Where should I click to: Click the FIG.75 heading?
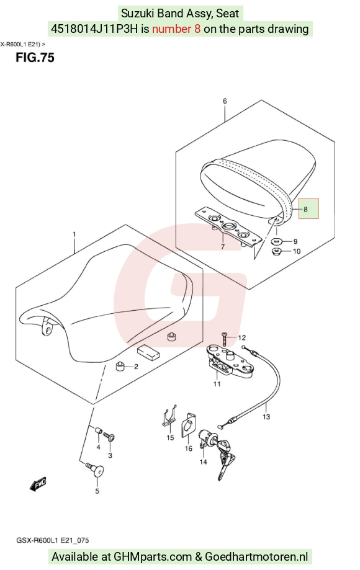(x=35, y=58)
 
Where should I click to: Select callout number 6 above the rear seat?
(x=225, y=100)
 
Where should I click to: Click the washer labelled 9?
(x=278, y=241)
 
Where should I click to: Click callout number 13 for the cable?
(x=266, y=416)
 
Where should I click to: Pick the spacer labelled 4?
(x=98, y=430)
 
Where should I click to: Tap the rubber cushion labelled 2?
(x=120, y=366)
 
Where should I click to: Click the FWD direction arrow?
(x=38, y=484)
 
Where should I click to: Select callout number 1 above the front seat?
(x=74, y=234)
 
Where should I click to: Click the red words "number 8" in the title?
(x=176, y=29)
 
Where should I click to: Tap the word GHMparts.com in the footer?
(x=153, y=556)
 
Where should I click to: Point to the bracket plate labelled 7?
(x=228, y=229)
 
